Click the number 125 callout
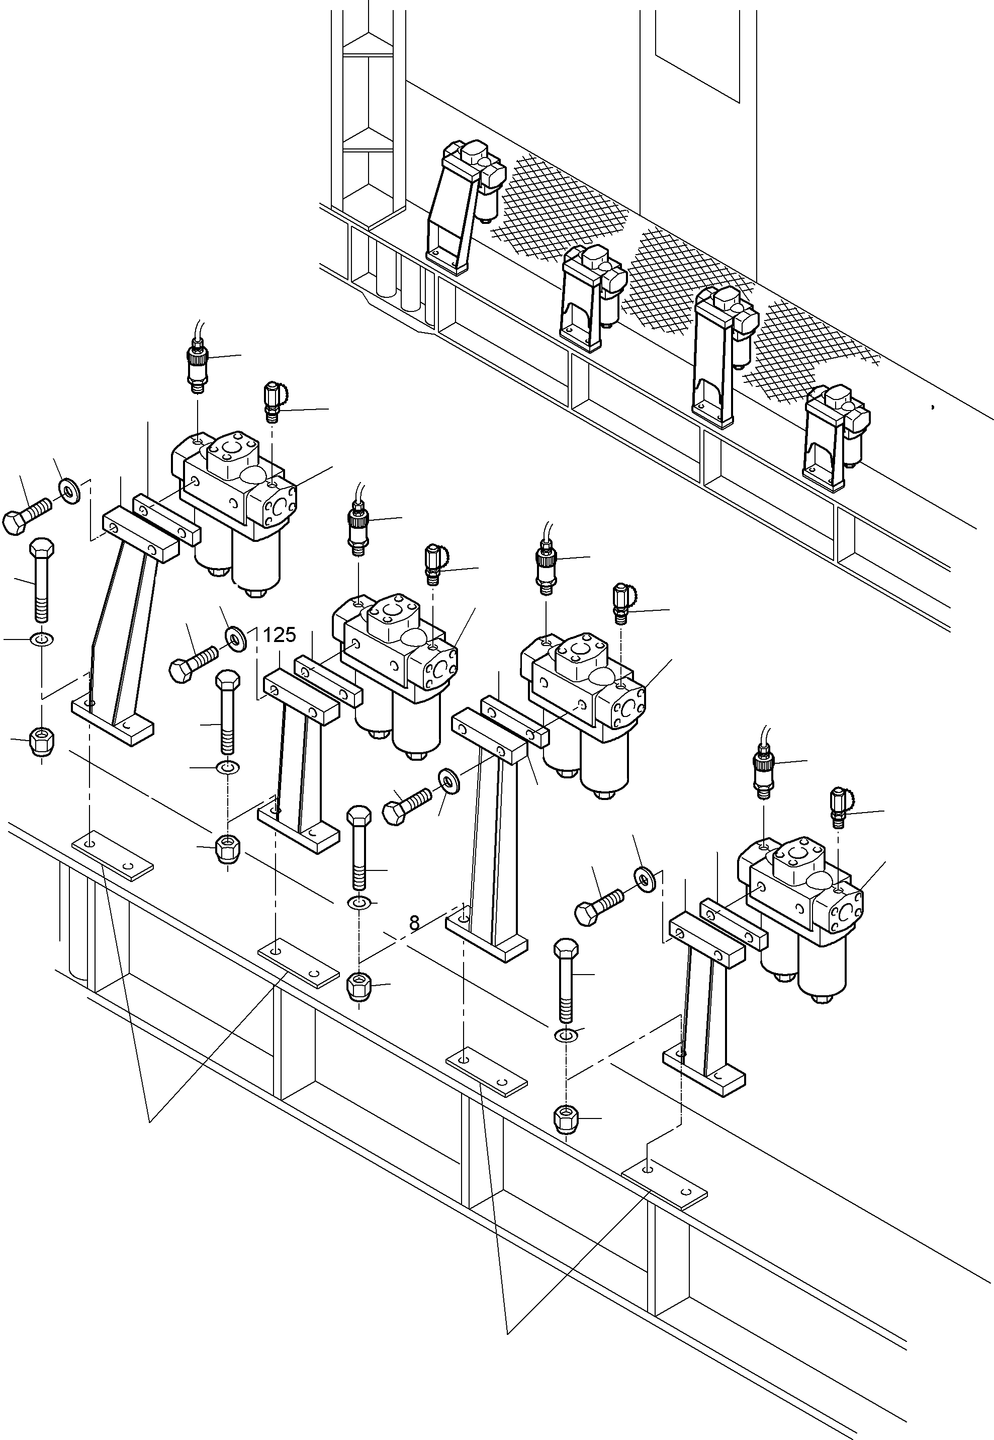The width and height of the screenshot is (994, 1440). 279,635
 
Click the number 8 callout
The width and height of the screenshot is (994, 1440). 415,923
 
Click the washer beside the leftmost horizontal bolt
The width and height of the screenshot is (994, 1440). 69,491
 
